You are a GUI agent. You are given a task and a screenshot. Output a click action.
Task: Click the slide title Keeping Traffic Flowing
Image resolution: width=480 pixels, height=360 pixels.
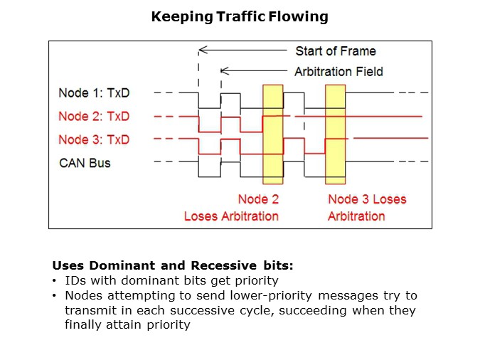240,16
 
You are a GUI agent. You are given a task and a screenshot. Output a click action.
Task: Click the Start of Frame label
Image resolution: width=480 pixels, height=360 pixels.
335,51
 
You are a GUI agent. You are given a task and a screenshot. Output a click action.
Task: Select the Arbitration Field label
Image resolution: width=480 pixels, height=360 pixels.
338,71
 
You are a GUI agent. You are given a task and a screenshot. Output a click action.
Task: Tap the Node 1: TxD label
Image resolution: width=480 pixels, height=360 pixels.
94,93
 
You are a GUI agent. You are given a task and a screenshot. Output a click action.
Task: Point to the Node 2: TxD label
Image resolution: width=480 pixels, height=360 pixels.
94,116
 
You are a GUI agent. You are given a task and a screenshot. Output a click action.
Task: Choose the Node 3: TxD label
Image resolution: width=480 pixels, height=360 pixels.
94,139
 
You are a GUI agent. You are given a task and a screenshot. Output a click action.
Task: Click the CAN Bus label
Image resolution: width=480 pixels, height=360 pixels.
85,163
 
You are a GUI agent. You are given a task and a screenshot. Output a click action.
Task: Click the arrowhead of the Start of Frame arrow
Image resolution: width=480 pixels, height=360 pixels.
201,51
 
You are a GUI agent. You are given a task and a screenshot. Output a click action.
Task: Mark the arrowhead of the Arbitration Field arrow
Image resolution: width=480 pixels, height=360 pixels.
223,71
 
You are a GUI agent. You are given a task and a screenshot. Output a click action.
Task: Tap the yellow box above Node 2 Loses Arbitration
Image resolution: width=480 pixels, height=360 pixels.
273,134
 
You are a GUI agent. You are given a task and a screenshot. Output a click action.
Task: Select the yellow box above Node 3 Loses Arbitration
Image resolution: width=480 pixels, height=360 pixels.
335,134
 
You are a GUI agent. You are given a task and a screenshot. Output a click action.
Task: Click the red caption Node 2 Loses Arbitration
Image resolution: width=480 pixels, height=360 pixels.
232,207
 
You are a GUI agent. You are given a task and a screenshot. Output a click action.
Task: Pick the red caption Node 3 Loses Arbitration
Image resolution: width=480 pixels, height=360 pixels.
366,207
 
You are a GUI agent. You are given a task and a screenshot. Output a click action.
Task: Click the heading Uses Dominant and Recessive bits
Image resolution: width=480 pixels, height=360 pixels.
173,266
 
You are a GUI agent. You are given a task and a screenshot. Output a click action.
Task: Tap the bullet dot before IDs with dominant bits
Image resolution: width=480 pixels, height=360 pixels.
55,281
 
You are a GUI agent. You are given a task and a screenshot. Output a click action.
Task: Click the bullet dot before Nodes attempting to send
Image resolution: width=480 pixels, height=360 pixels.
55,295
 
